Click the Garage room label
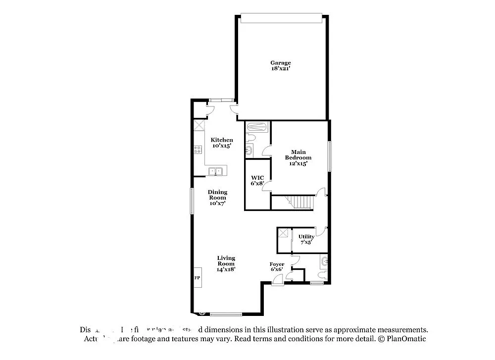[x=280, y=66]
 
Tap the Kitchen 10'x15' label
[x=221, y=143]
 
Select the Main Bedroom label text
[x=298, y=157]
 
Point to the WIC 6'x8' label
[x=257, y=180]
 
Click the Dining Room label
[x=217, y=197]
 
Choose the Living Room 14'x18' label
[x=226, y=263]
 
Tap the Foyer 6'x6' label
[x=277, y=267]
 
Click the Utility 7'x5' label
[x=306, y=239]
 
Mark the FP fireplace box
[x=197, y=278]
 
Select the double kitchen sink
[x=216, y=171]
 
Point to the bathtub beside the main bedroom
[x=257, y=127]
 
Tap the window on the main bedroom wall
[x=329, y=156]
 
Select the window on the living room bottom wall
[x=226, y=314]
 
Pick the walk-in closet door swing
[x=267, y=185]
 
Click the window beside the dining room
[x=192, y=201]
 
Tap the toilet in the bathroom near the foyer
[x=322, y=274]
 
